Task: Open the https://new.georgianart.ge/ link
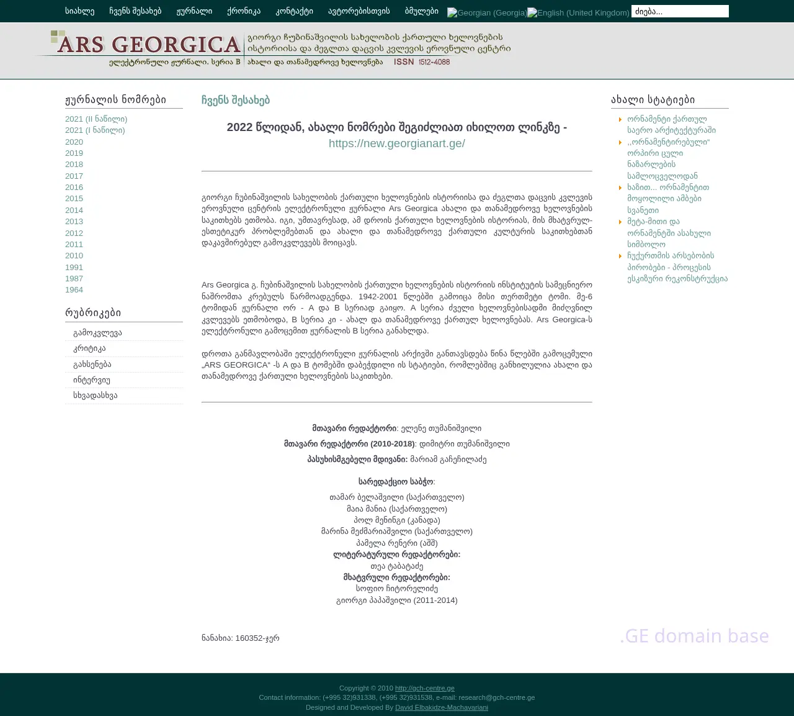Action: tap(396, 143)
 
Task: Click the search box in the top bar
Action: tap(680, 11)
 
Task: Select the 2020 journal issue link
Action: tap(74, 142)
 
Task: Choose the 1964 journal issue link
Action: tap(74, 289)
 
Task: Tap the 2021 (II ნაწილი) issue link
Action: tap(96, 119)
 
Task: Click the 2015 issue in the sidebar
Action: tap(74, 198)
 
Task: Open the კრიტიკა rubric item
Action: tap(89, 348)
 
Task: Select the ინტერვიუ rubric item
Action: tap(91, 379)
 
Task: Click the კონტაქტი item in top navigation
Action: tap(294, 11)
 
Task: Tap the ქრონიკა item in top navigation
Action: tap(244, 11)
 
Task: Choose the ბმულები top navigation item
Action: tap(421, 11)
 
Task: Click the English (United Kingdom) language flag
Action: tap(578, 12)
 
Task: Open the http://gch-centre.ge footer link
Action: tap(424, 688)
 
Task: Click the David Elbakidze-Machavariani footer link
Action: tap(441, 707)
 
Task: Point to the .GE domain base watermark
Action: tap(694, 636)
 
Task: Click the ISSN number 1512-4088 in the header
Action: tap(434, 62)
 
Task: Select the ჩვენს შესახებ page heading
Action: tap(236, 100)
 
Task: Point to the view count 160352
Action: tap(250, 638)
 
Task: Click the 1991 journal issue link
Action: tap(74, 267)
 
